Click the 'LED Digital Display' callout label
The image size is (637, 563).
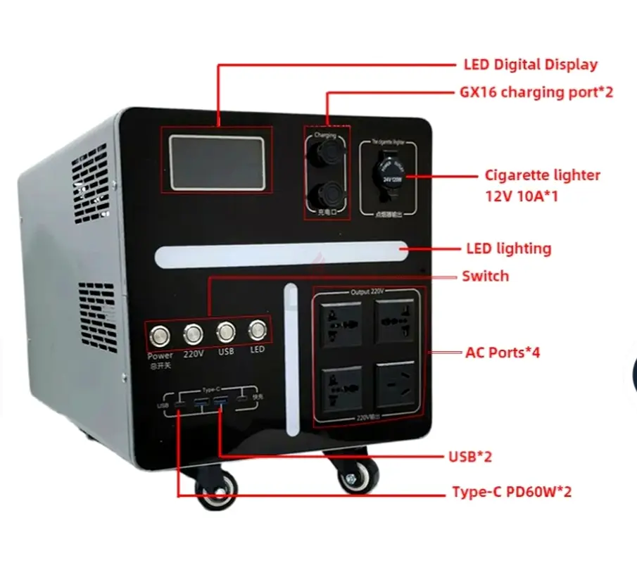pyautogui.click(x=530, y=65)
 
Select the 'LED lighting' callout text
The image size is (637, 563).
pyautogui.click(x=508, y=248)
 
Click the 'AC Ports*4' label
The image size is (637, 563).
pyautogui.click(x=503, y=352)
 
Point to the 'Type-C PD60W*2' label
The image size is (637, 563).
pyautogui.click(x=511, y=492)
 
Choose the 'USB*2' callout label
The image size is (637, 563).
pyautogui.click(x=470, y=457)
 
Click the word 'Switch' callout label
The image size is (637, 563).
pyautogui.click(x=485, y=276)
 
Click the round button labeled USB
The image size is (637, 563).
pyautogui.click(x=226, y=331)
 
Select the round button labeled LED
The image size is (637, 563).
pyautogui.click(x=257, y=330)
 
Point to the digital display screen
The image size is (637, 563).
pyautogui.click(x=217, y=160)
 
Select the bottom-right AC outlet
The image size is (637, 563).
pyautogui.click(x=396, y=384)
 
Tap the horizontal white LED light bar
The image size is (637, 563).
pyautogui.click(x=282, y=254)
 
